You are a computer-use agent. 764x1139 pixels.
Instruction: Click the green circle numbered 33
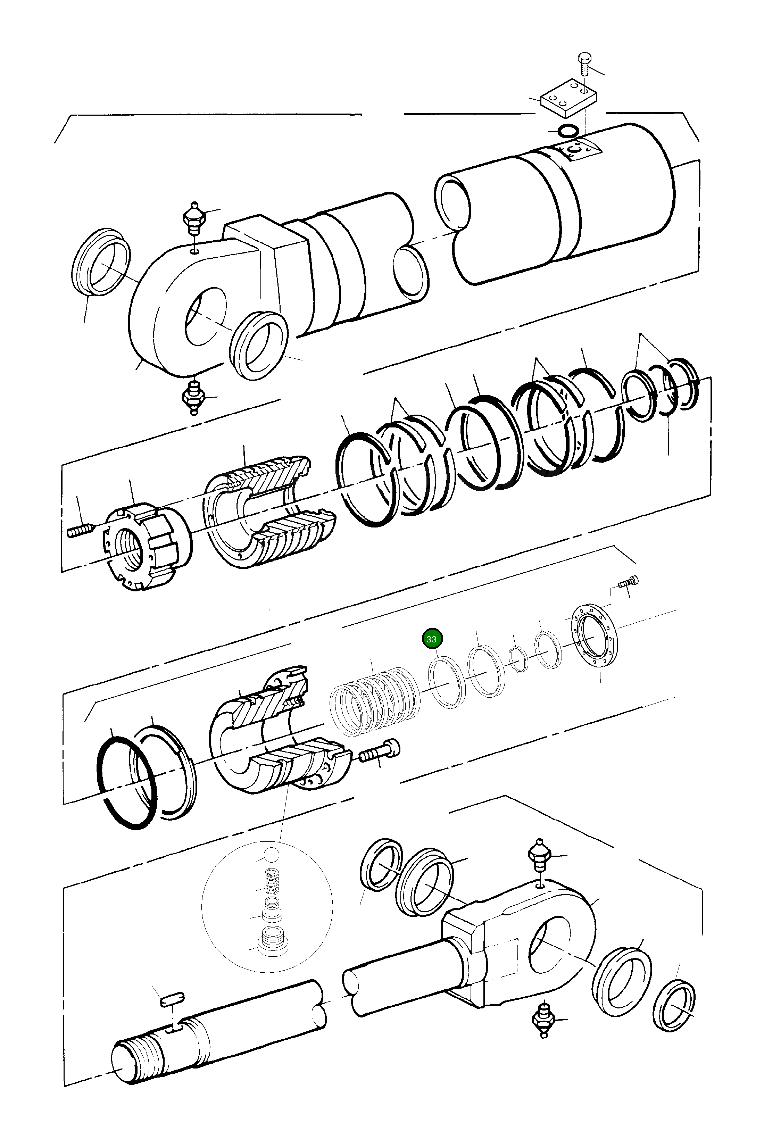431,639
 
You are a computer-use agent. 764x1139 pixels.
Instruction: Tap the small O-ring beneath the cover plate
568,131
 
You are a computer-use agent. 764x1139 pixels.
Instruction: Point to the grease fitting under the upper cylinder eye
193,397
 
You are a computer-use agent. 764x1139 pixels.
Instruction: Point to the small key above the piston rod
172,998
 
